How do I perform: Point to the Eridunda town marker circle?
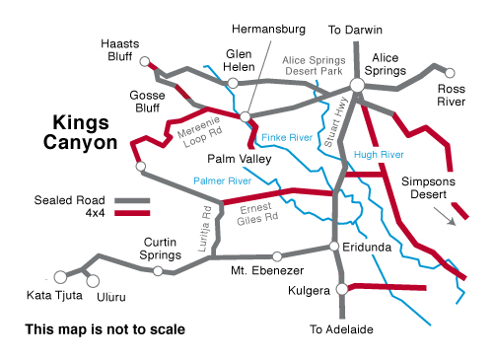click(x=335, y=247)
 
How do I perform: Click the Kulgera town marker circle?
click(x=342, y=288)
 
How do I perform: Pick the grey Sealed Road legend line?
click(x=131, y=199)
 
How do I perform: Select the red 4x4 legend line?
click(x=131, y=210)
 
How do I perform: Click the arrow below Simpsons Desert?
click(x=459, y=214)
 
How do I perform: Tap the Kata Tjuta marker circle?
click(x=61, y=276)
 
